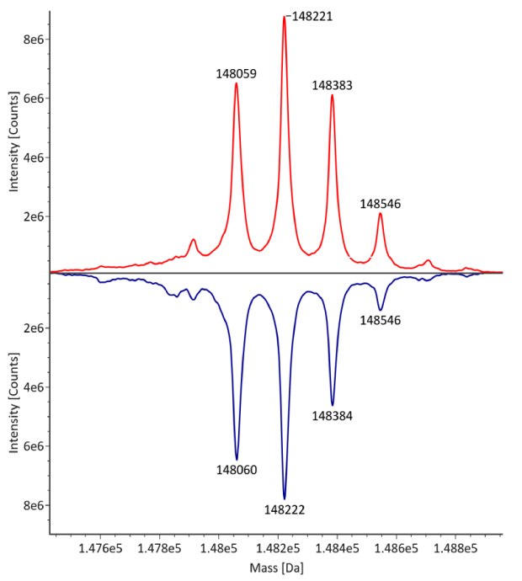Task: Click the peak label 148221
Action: tap(311, 15)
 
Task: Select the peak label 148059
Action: tap(236, 74)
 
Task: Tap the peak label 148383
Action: tap(332, 85)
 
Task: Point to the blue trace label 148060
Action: tap(236, 470)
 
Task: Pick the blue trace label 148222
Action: tap(284, 509)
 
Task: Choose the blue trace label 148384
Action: tap(332, 415)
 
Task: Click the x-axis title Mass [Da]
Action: tap(277, 568)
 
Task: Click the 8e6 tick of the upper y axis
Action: tap(34, 40)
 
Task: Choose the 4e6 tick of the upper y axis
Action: tap(34, 157)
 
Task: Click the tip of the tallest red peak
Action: tap(285, 17)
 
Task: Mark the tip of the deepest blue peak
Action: tap(285, 498)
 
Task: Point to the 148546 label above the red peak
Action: tap(380, 203)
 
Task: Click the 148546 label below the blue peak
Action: tap(380, 320)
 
